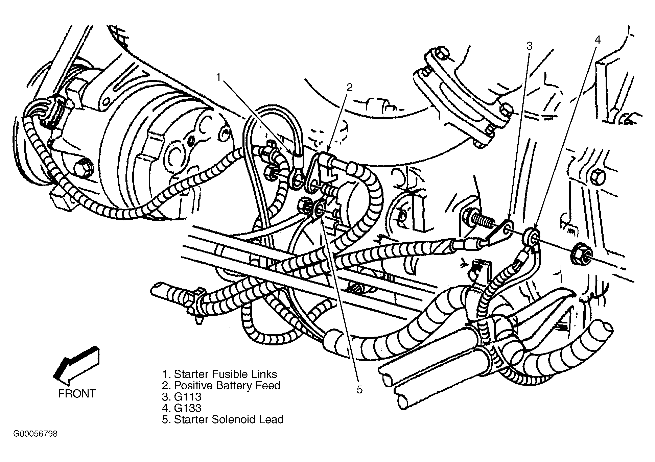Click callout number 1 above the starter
coord(218,78)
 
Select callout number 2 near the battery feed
coord(349,88)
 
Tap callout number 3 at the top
coord(529,46)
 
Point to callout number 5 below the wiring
coord(359,390)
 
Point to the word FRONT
coord(77,394)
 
